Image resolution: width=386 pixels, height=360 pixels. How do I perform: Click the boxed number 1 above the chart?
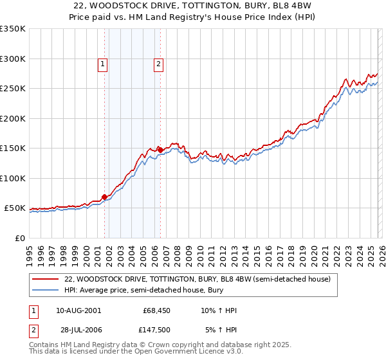103,64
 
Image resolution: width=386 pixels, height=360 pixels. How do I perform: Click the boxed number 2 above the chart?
158,64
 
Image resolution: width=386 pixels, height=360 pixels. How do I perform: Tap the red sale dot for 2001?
104,197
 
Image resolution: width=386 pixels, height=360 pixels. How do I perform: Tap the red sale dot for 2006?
160,150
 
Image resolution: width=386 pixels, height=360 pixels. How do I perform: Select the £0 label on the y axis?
19,238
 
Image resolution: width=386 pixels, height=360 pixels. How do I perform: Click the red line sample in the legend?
46,279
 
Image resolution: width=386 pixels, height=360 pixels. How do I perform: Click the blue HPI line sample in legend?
46,290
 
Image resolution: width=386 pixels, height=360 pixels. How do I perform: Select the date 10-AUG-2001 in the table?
78,310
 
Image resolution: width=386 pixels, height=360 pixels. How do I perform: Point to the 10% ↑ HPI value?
219,310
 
